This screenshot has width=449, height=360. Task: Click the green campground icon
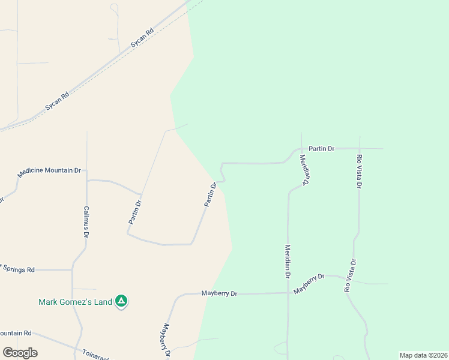pos(121,301)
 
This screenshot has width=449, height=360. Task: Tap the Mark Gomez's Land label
pos(75,302)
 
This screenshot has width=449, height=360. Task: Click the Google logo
pos(20,353)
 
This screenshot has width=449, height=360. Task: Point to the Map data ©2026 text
pos(423,355)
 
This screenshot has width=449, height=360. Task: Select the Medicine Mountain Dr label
pos(49,171)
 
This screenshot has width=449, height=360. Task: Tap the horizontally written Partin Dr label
pos(321,148)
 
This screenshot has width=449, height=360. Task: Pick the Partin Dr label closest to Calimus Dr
pos(135,212)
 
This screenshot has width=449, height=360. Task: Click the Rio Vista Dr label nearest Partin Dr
pos(360,171)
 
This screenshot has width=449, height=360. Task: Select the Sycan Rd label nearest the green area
pos(142,38)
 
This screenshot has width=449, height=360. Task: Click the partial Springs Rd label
pos(18,269)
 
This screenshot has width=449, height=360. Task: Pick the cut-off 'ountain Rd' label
pos(16,333)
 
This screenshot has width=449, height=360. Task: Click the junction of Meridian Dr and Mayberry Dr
pos(288,293)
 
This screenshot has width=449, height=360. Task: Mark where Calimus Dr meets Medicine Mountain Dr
pos(87,179)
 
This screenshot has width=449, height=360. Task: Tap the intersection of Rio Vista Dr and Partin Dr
pos(360,148)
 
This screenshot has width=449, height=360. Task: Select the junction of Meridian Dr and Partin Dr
pos(301,148)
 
